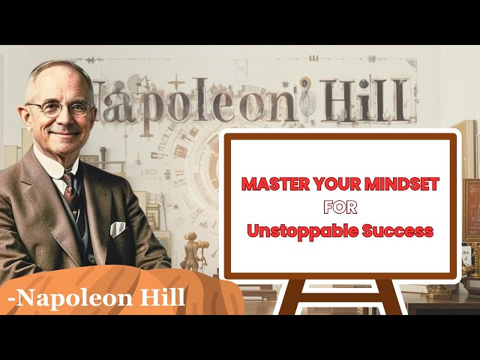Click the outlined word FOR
pos(340,208)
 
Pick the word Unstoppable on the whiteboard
pos(302,232)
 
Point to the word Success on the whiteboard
pos(398,231)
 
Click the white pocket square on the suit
pos(118,229)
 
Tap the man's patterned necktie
pos(72,196)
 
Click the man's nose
pos(65,118)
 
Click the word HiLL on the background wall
pos(365,100)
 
